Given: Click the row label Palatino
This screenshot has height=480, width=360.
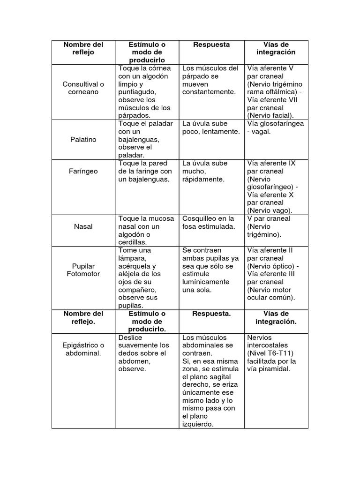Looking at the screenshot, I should pos(83,139).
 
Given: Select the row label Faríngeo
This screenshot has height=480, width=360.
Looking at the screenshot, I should pos(83,171).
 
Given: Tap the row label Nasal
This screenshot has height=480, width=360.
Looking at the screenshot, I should pos(83,226).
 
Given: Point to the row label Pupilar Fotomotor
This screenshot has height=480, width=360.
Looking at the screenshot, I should pos(83,270).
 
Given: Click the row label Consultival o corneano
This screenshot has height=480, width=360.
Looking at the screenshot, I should pos(83,88).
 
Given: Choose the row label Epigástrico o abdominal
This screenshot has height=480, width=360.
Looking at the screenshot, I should pos(83,349).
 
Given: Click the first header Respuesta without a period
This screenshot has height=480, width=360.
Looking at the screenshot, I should pos(211,45).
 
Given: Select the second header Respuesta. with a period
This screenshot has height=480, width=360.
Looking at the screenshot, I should pos(211,314).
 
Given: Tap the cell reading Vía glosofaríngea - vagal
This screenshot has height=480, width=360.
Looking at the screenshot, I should pos(275,127).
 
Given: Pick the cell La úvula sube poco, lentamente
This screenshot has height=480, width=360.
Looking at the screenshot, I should pos(210,127).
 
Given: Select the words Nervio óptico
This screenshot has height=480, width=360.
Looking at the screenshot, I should pos(270,266).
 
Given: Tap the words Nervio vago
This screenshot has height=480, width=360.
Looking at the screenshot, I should pos(270,210).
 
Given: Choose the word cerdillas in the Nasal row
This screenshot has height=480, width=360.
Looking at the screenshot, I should pos(133,242).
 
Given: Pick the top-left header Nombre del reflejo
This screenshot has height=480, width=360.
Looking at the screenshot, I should pos(83,48).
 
